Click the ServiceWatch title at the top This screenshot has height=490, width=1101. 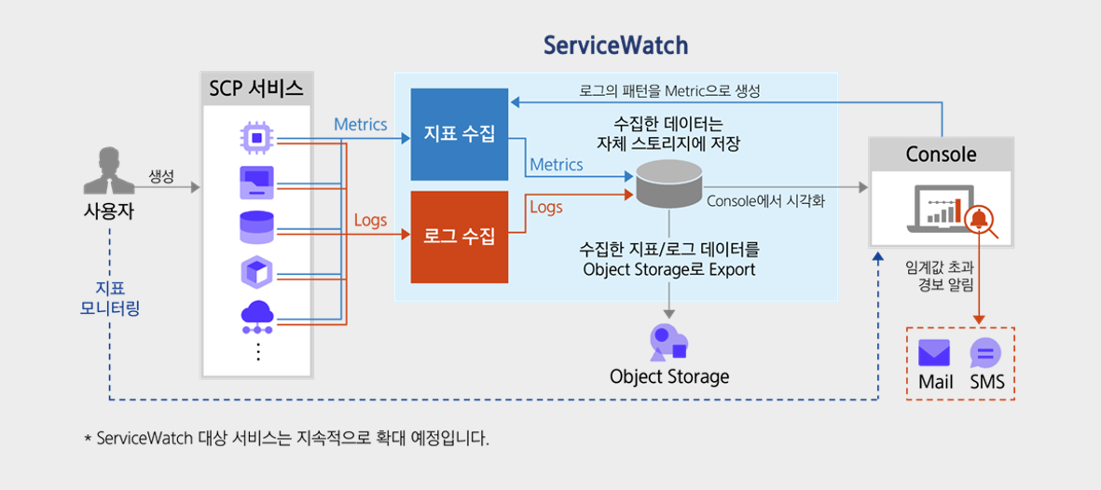pyautogui.click(x=615, y=46)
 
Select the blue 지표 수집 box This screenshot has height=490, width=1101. pyautogui.click(x=460, y=134)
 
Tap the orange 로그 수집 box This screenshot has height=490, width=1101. pyautogui.click(x=460, y=237)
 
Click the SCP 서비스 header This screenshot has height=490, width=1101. pyautogui.click(x=256, y=89)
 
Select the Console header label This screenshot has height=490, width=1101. pyautogui.click(x=941, y=154)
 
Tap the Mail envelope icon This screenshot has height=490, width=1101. pyautogui.click(x=934, y=353)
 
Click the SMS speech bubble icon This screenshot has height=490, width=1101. pyautogui.click(x=985, y=353)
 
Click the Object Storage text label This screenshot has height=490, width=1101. pyautogui.click(x=668, y=376)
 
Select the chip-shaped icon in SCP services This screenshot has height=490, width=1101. pyautogui.click(x=255, y=138)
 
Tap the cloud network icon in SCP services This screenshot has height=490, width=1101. pyautogui.click(x=255, y=318)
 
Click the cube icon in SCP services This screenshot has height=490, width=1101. pyautogui.click(x=255, y=272)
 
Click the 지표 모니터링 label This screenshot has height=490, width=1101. pyautogui.click(x=109, y=297)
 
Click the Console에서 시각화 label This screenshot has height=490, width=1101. pyautogui.click(x=773, y=200)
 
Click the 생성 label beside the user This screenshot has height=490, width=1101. pyautogui.click(x=161, y=176)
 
